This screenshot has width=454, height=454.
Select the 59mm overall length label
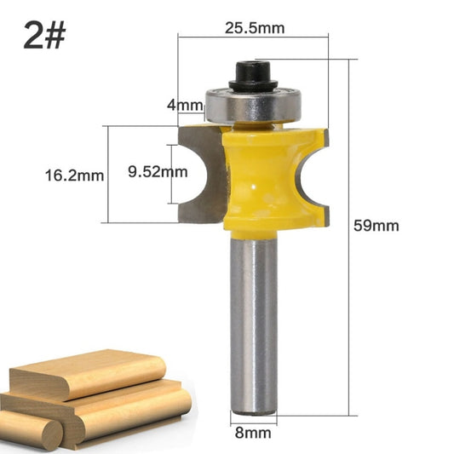pyautogui.click(x=376, y=227)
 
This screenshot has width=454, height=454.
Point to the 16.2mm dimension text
pyautogui.click(x=74, y=176)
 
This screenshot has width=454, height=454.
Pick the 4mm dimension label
pyautogui.click(x=185, y=106)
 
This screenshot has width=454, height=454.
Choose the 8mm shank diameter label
pyautogui.click(x=253, y=433)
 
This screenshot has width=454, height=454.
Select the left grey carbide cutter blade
pyautogui.click(x=202, y=175)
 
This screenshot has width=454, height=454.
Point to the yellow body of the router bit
pyautogui.click(x=256, y=179)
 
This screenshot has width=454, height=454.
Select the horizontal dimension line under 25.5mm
pyautogui.click(x=253, y=37)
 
